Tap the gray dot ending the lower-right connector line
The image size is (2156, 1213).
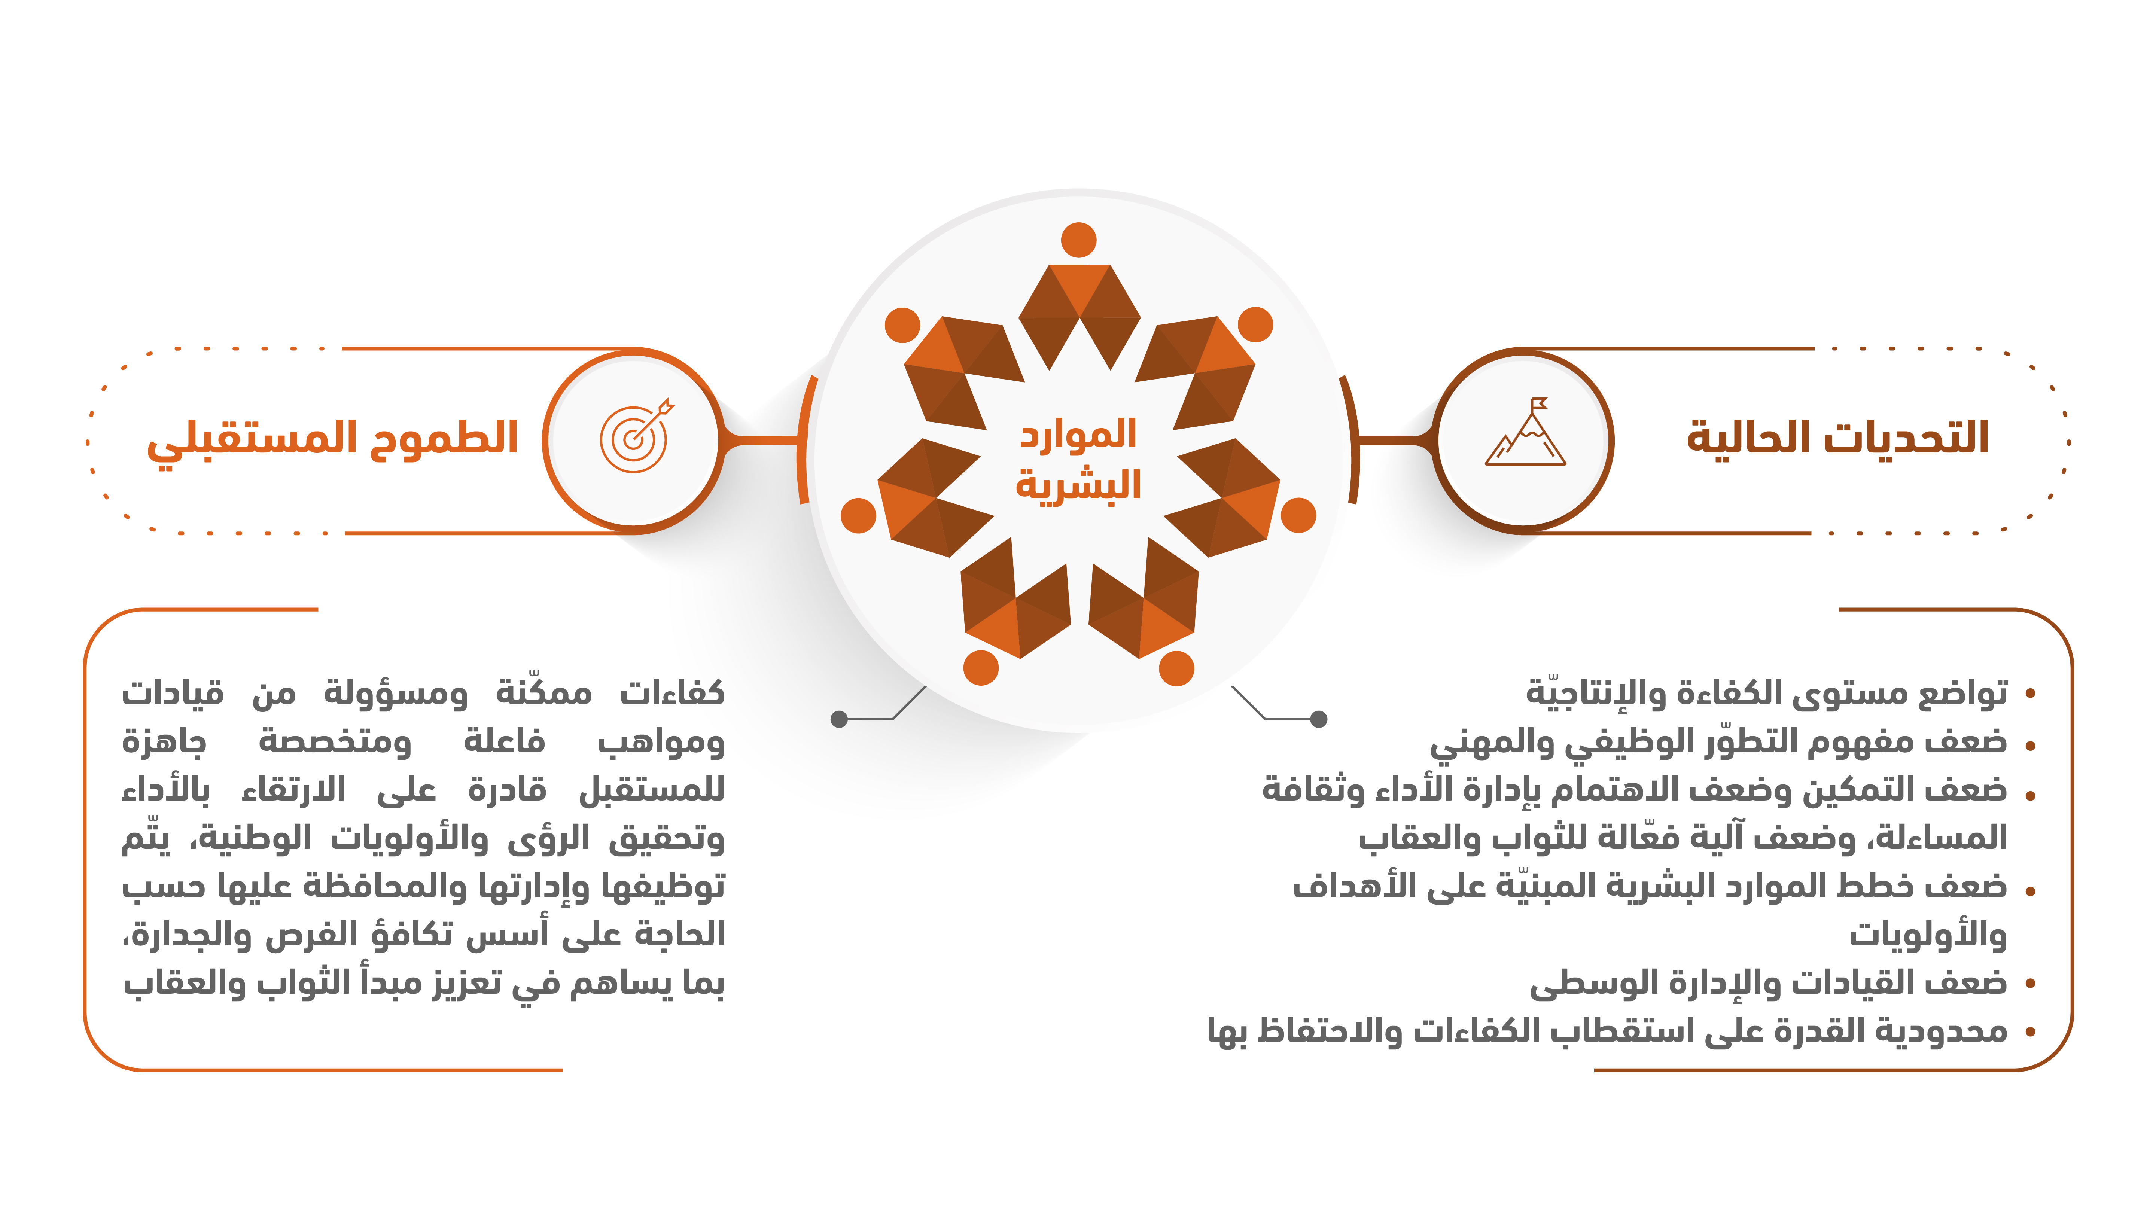1318,718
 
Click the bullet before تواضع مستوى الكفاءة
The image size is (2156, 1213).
2029,694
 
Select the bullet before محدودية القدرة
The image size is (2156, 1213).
2029,1032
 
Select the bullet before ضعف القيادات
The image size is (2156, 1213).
2029,984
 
